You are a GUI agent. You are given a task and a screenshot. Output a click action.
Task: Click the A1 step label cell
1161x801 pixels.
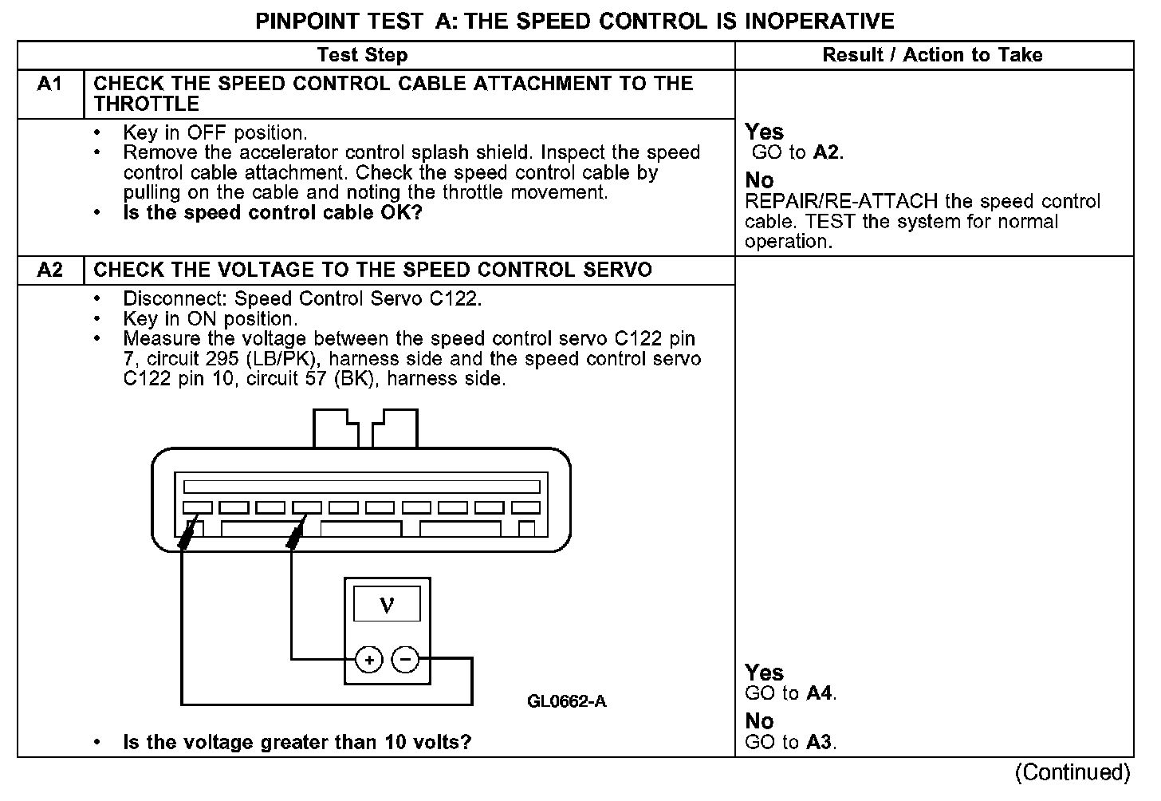(49, 85)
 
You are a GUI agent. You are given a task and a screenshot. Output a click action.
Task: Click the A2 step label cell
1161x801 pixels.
(49, 270)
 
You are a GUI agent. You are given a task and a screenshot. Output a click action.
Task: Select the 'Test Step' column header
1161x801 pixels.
(362, 55)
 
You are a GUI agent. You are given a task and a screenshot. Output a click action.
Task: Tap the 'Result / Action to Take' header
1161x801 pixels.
(932, 55)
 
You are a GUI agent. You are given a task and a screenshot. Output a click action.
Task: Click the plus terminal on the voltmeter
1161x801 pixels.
(368, 660)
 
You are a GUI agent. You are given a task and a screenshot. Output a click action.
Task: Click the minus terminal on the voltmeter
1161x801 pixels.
(405, 660)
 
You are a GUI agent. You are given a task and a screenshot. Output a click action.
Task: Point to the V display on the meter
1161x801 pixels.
(387, 604)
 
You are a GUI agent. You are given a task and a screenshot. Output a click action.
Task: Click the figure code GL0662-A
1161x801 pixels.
(566, 702)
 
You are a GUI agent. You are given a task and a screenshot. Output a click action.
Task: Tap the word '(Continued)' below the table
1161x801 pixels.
(1072, 772)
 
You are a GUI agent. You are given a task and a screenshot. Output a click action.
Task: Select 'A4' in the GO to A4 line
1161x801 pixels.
(820, 693)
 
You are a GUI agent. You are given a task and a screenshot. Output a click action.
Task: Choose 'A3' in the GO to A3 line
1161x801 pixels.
(820, 743)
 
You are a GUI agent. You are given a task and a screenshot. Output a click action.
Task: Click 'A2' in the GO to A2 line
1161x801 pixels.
(827, 152)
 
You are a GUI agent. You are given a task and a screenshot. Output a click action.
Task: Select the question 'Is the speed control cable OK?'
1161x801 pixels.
(273, 213)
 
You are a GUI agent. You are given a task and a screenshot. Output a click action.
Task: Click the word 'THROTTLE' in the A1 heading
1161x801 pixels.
(146, 105)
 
